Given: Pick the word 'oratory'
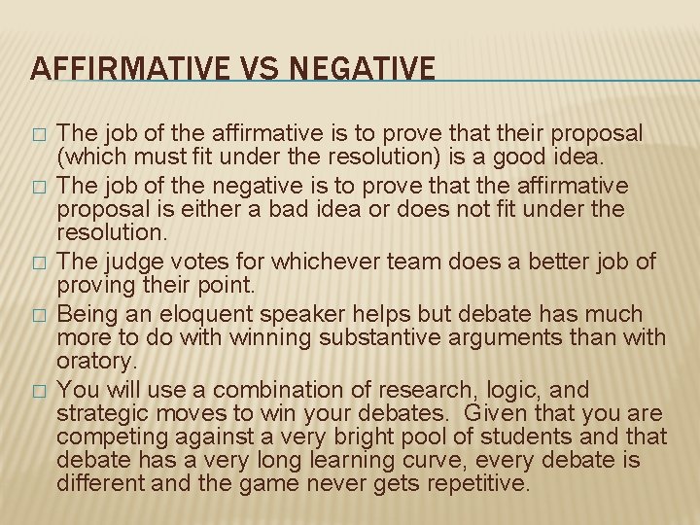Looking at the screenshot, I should (93, 361).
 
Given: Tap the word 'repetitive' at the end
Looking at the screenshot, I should (479, 483).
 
